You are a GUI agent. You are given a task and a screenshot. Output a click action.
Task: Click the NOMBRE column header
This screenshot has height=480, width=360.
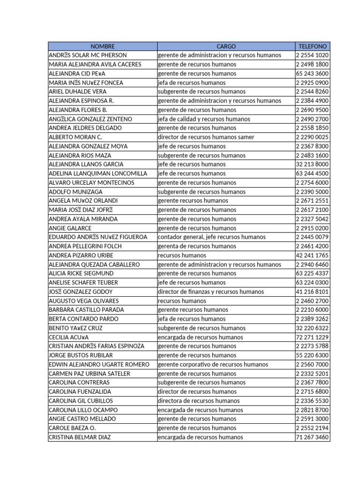102,46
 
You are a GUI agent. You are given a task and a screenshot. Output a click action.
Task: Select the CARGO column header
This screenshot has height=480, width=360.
226,46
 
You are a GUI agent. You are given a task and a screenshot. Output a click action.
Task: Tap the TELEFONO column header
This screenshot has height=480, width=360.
312,46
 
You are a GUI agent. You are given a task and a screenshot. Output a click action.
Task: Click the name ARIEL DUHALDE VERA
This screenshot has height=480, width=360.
78,92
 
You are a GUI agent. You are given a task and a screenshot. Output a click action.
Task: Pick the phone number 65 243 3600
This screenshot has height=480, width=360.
312,74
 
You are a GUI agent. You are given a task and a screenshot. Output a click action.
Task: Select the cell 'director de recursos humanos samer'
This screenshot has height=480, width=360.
206,137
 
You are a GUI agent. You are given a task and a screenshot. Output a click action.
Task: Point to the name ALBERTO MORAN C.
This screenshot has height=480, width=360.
75,137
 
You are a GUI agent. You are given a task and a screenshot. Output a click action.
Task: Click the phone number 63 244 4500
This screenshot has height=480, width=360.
312,173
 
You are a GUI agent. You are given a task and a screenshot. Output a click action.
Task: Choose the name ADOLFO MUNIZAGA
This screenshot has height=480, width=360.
75,192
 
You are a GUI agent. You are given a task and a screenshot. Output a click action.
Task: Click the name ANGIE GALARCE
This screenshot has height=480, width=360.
70,228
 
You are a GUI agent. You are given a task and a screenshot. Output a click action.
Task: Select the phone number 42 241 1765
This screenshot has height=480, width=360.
312,255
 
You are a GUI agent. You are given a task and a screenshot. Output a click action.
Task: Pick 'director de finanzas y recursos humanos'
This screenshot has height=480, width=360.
211,292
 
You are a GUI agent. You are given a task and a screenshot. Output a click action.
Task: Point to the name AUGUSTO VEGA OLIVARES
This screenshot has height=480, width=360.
84,301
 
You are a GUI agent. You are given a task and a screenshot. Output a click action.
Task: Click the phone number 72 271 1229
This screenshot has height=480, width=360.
312,337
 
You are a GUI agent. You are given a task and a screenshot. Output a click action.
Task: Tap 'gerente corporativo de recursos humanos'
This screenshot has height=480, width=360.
213,364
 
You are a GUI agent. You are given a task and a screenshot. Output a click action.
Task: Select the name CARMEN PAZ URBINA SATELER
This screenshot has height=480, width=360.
90,374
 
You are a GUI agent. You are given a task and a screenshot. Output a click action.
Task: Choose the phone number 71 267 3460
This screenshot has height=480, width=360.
312,437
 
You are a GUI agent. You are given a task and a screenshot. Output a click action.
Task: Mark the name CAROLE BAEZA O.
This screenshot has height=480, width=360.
72,428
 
